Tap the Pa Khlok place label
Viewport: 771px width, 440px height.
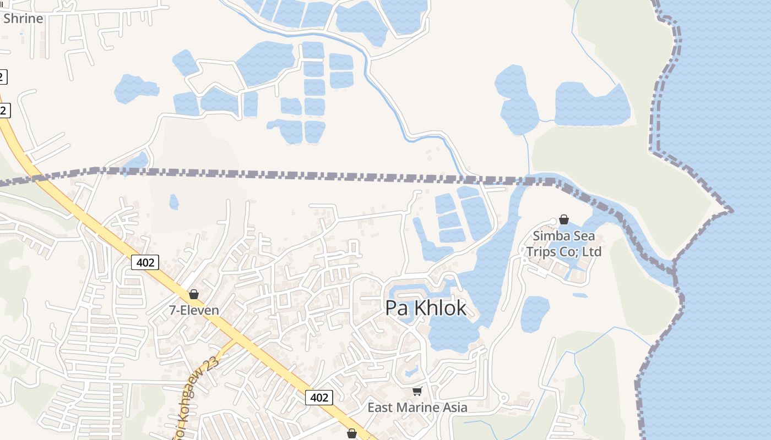(x=426, y=308)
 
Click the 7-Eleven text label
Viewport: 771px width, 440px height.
(x=194, y=310)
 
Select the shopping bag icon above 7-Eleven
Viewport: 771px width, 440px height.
(x=194, y=294)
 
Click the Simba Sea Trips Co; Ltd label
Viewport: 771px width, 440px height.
(x=563, y=244)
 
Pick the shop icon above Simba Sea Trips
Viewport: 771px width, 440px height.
(x=564, y=219)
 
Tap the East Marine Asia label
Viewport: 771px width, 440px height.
(x=417, y=408)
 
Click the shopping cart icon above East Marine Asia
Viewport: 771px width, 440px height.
(x=417, y=391)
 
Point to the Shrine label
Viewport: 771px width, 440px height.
(x=23, y=18)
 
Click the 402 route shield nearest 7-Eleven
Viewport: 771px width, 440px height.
(x=145, y=262)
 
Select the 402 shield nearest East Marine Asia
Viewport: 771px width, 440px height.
(x=319, y=397)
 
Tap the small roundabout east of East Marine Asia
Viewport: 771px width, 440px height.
(x=503, y=397)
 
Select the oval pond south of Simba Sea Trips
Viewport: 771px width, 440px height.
(x=535, y=313)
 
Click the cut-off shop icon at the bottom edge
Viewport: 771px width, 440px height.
(x=352, y=435)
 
